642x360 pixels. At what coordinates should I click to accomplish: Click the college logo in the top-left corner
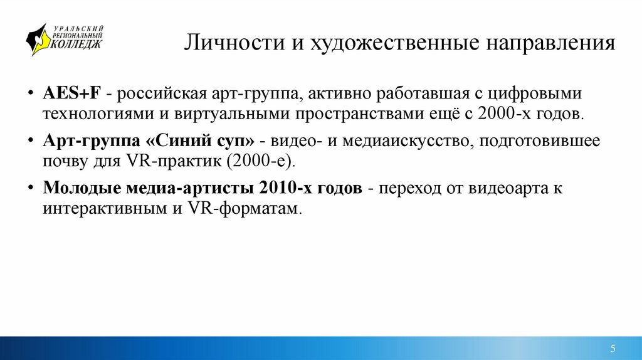[x=63, y=39]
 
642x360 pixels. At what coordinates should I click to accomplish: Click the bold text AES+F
[x=72, y=93]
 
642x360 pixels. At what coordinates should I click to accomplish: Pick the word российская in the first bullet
[x=158, y=93]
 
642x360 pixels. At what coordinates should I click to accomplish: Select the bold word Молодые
[x=79, y=188]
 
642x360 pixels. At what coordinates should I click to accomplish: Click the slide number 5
[x=613, y=348]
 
